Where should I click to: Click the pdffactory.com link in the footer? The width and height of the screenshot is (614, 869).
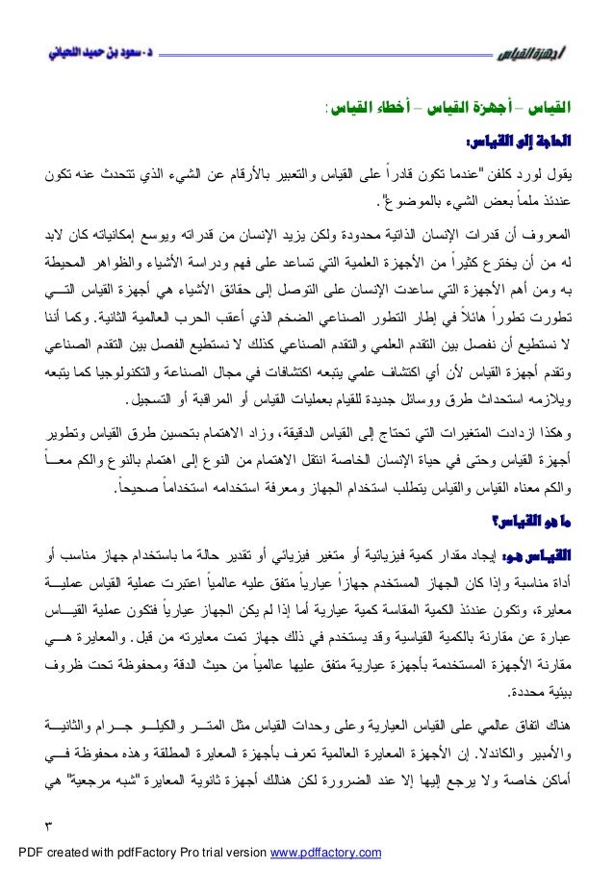tap(329, 852)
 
